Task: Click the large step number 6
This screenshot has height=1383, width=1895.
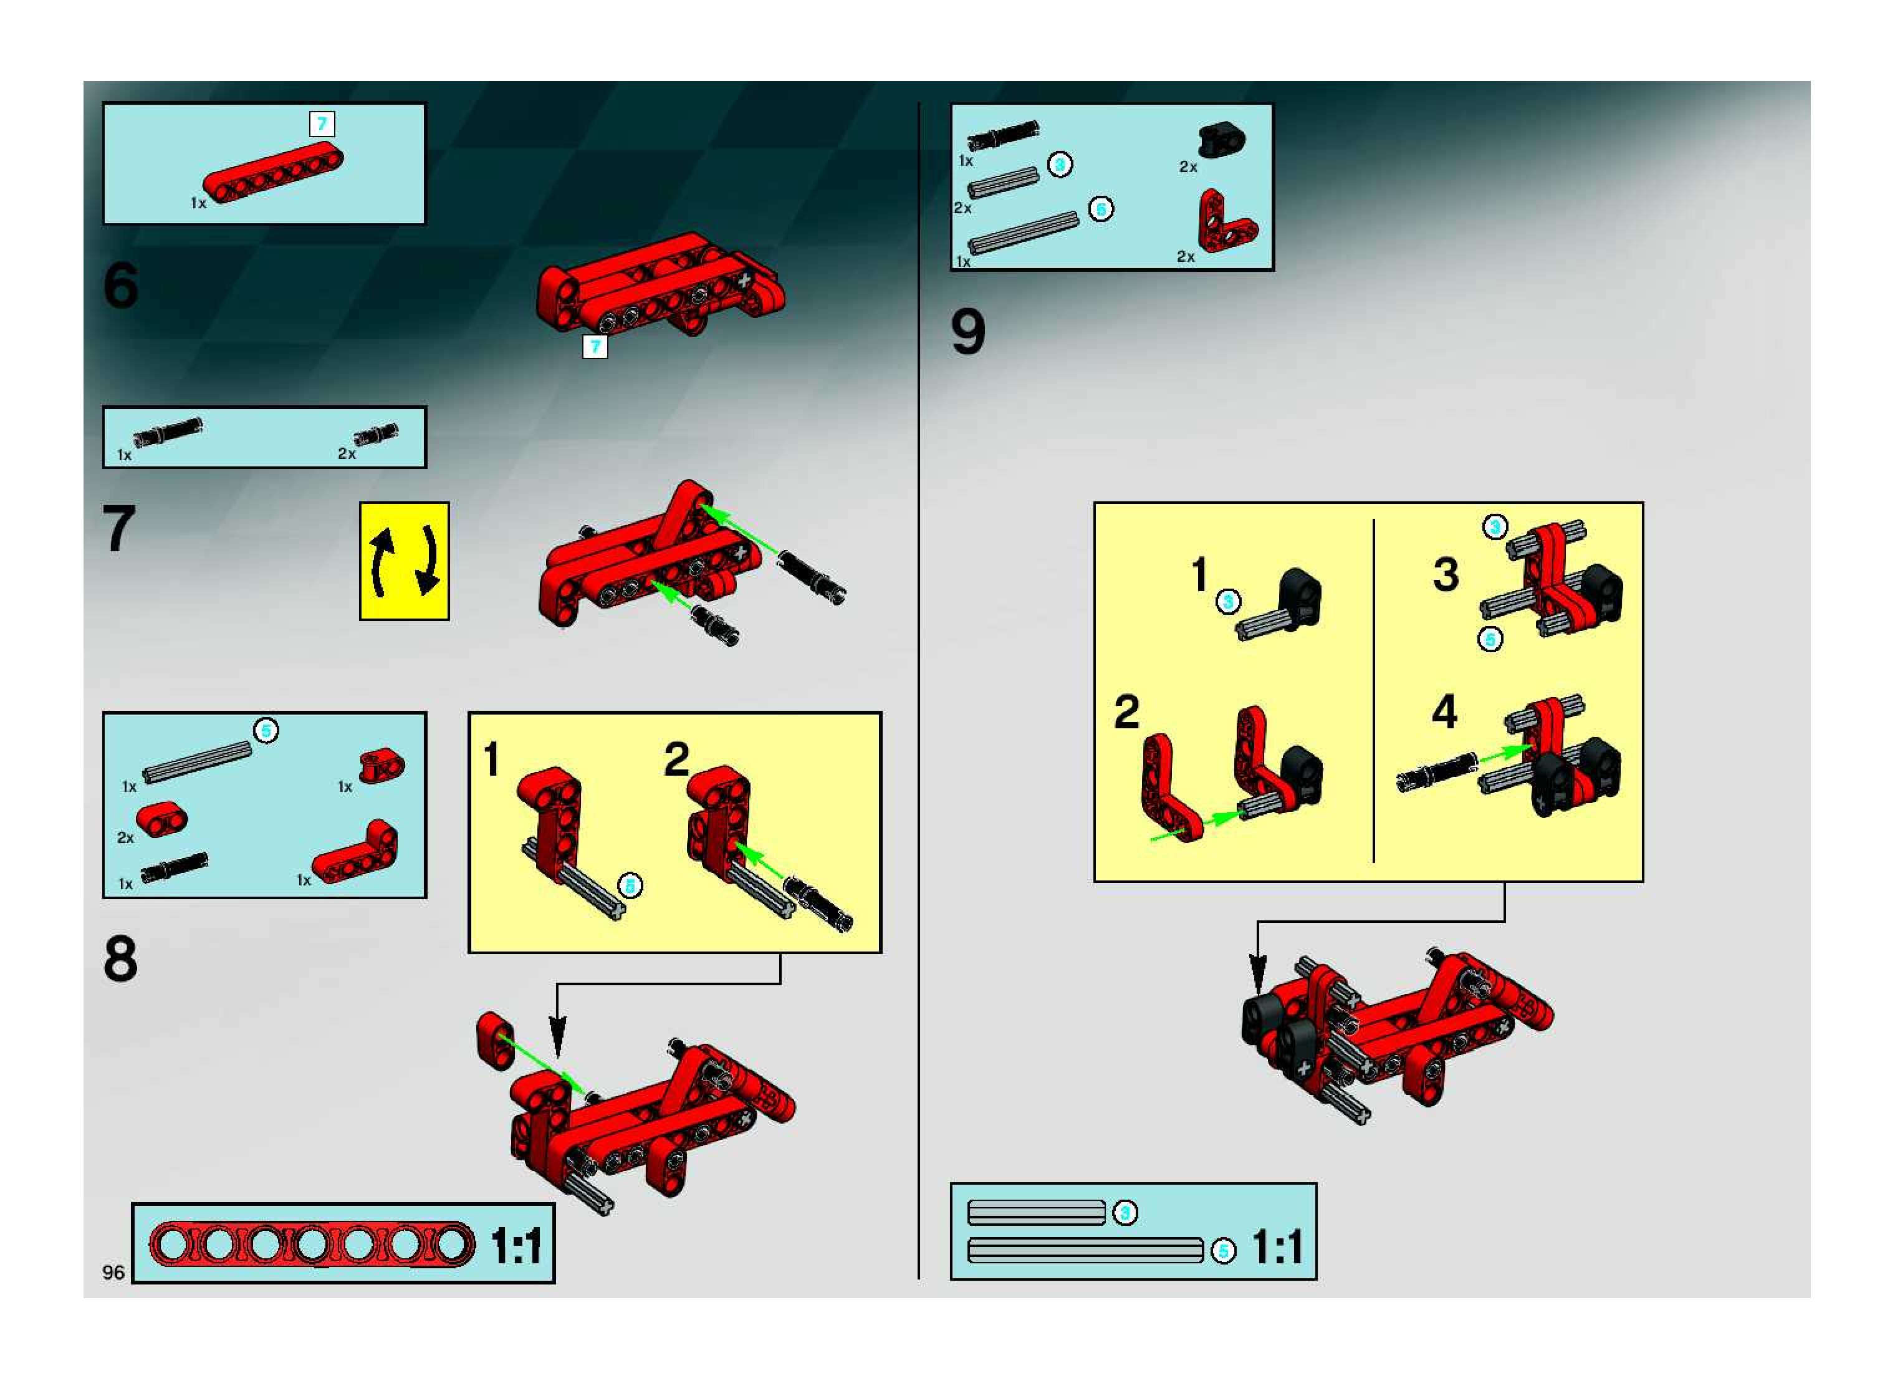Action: pos(120,286)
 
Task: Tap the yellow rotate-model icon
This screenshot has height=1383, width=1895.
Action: pos(405,561)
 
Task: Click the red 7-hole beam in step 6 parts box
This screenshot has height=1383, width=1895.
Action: pos(273,173)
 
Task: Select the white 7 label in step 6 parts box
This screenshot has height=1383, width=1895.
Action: pos(322,124)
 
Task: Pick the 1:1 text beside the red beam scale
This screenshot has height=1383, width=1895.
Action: pos(516,1246)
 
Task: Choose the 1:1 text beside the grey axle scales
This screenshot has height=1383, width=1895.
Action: pos(1277,1247)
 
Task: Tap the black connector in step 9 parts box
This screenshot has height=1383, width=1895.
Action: pos(1221,140)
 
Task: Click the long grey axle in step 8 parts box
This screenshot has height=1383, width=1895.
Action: pos(197,763)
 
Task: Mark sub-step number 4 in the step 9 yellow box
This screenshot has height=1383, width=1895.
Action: pos(1445,711)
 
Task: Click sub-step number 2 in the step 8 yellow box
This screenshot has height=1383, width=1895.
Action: pos(676,759)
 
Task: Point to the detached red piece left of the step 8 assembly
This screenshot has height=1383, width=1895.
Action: pos(496,1041)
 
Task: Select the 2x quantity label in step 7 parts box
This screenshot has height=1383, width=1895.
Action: pos(347,454)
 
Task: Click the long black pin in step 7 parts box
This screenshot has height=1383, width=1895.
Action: pos(168,431)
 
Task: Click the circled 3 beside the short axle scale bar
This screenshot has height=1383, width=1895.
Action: pos(1125,1212)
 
